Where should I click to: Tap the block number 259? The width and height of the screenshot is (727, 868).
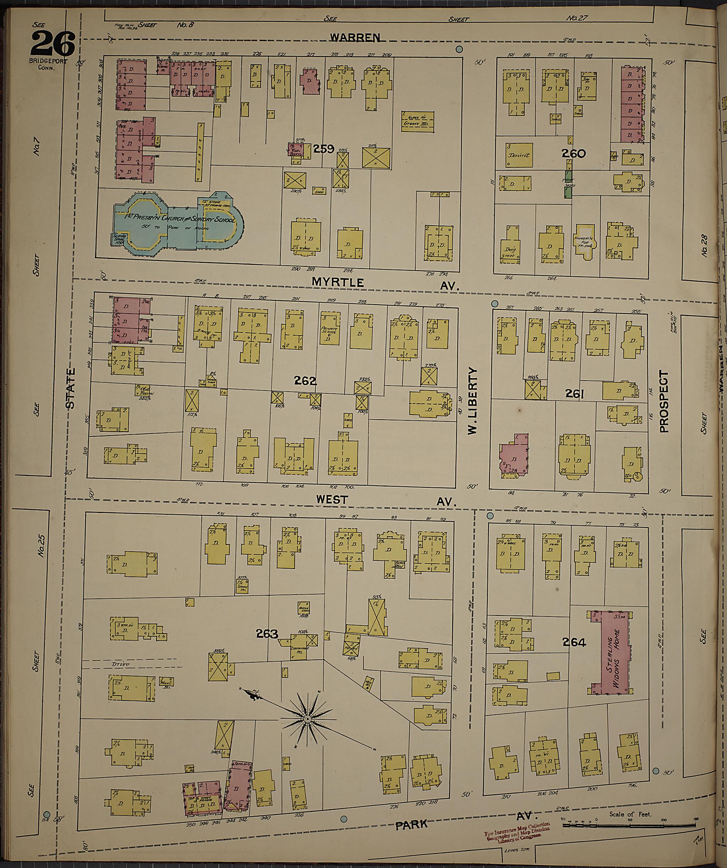coord(323,149)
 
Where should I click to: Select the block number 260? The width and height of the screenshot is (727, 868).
coord(573,154)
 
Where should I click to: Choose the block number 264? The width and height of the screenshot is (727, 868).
coord(574,642)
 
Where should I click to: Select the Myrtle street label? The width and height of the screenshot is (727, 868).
coord(338,282)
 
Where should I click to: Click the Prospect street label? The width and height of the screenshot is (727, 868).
coord(663,401)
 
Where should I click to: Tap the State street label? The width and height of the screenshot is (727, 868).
coord(71,388)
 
